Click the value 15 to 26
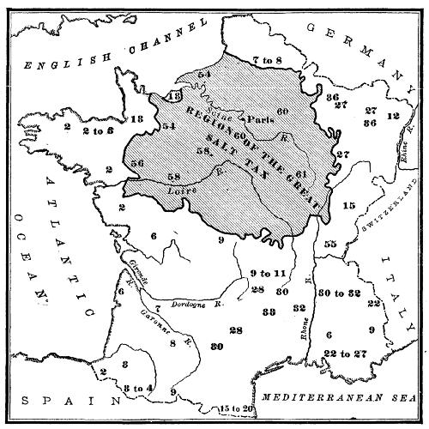(237, 407)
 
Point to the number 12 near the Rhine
(393, 115)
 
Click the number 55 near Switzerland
(330, 245)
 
